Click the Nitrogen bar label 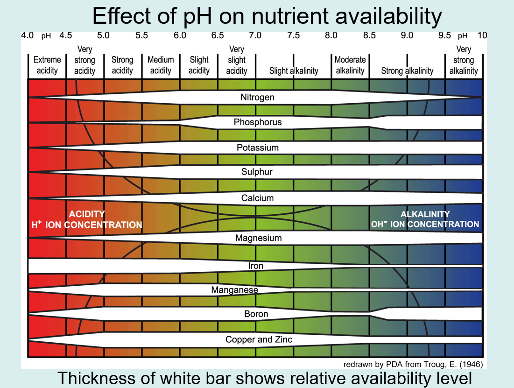point(257,98)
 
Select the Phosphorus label point(258,122)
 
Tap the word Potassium point(258,148)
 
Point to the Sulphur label point(257,172)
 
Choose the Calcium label point(257,198)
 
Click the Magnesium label point(258,238)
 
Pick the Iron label point(256,266)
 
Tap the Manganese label point(234,290)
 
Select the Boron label point(256,314)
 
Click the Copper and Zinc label point(259,339)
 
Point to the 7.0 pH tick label point(255,35)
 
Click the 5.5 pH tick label point(141,35)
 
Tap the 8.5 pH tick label point(369,35)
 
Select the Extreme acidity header point(47,65)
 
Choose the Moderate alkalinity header point(350,65)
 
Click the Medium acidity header point(161,65)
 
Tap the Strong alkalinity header point(407,71)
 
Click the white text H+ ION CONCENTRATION point(87,225)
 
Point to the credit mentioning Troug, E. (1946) point(413,364)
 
